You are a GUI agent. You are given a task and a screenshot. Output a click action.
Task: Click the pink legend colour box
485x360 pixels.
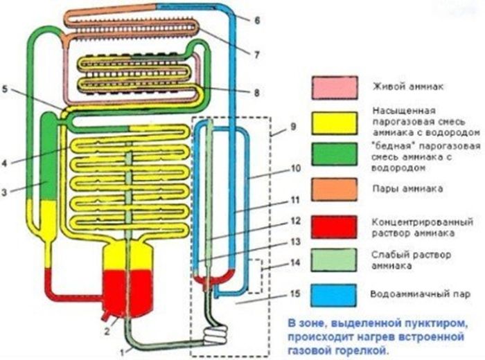coord(335,87)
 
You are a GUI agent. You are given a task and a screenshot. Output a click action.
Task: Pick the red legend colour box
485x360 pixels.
coord(335,226)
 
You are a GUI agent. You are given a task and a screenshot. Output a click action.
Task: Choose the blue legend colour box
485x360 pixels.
coord(335,294)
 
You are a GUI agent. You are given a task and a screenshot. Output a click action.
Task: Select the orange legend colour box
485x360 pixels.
coord(335,188)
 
